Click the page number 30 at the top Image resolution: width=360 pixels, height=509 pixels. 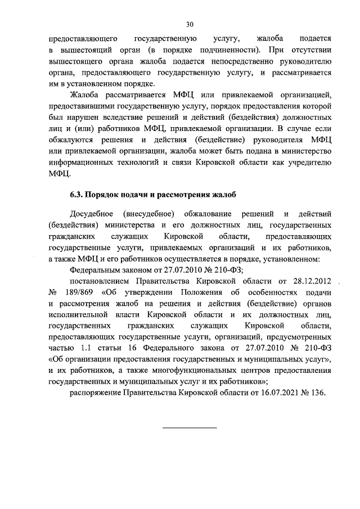click(x=190, y=24)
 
